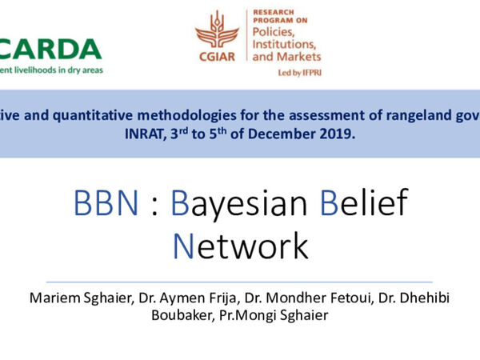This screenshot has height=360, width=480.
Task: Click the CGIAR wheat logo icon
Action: [x=217, y=31]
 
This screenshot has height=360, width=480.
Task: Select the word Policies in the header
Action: [x=275, y=29]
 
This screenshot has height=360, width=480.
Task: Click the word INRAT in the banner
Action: [x=187, y=134]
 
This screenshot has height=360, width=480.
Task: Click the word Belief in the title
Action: [x=364, y=205]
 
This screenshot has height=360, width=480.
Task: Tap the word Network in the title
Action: [x=240, y=246]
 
